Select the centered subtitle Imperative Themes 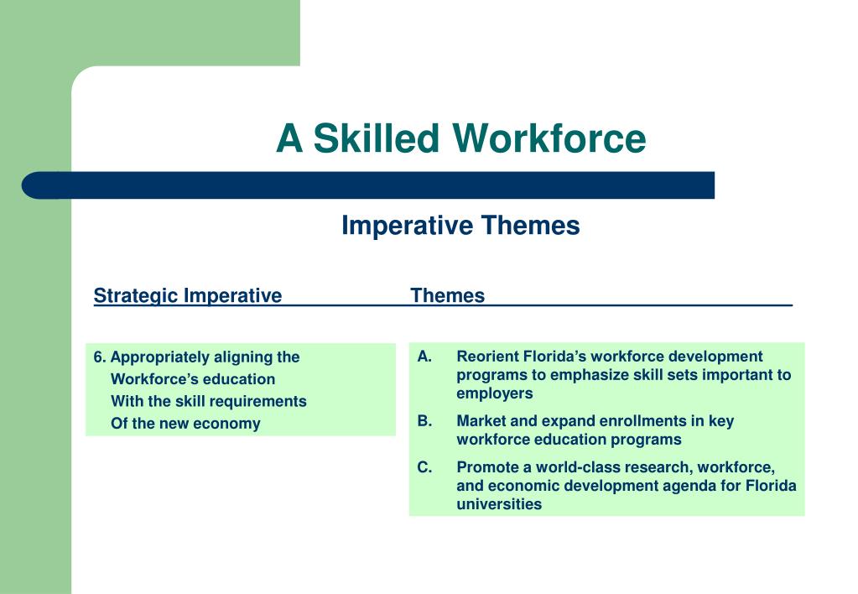[460, 226]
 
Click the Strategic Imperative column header [188, 295]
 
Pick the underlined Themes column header [447, 295]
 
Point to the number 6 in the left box [99, 357]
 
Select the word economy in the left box [226, 423]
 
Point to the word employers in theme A [495, 393]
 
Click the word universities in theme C [499, 504]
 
